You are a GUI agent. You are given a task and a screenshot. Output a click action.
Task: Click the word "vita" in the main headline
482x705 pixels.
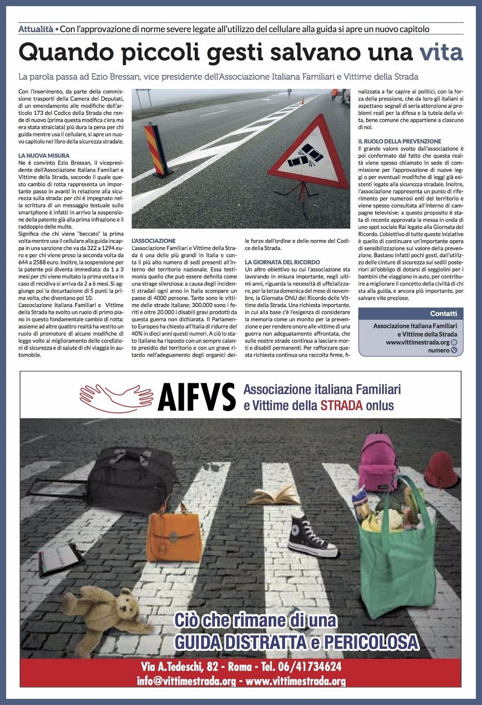pyautogui.click(x=441, y=53)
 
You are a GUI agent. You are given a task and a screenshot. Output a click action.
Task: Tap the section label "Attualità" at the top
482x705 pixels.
pyautogui.click(x=36, y=30)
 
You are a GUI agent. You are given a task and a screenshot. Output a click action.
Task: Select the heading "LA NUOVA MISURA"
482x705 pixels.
pyautogui.click(x=44, y=156)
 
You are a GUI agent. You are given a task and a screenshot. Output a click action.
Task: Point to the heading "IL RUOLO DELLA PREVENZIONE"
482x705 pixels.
pyautogui.click(x=400, y=141)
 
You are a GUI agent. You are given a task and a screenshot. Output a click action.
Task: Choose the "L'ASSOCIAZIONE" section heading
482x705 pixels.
pyautogui.click(x=154, y=241)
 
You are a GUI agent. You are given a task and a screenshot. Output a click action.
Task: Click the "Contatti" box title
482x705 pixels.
pyautogui.click(x=444, y=314)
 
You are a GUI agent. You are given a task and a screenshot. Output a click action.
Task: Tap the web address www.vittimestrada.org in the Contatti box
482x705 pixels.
pyautogui.click(x=417, y=342)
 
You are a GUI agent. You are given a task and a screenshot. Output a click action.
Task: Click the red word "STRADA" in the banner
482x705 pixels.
pyautogui.click(x=341, y=405)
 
